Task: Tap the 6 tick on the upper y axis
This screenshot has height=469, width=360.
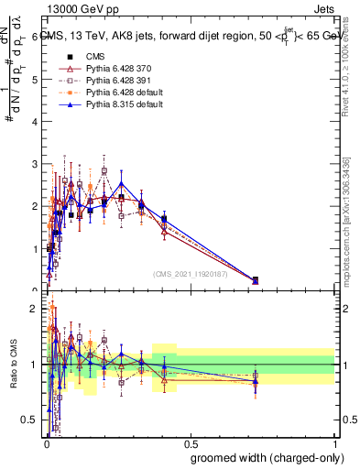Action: tap(35, 38)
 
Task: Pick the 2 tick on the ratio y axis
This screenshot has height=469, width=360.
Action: tap(35, 309)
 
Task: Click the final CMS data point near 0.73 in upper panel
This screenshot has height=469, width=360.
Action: tap(255, 280)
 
